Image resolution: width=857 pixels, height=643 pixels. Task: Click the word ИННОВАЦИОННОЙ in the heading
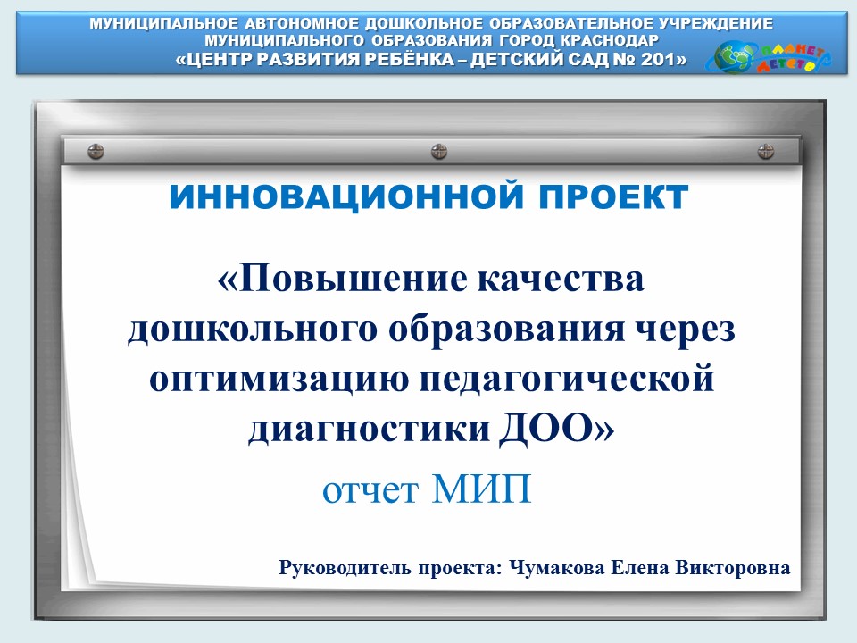[x=346, y=196]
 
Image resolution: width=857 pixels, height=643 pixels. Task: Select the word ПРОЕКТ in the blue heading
[x=614, y=196]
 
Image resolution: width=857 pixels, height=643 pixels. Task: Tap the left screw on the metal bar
[x=96, y=152]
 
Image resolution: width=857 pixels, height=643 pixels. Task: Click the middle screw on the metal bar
[x=439, y=152]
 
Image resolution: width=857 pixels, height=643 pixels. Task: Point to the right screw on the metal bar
[x=766, y=152]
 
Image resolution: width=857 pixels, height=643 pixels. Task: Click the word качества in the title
[x=561, y=279]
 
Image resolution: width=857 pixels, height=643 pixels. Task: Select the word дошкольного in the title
[x=253, y=330]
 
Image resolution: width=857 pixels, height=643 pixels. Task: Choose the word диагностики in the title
[x=369, y=428]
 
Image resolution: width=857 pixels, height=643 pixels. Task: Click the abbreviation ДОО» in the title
[x=556, y=428]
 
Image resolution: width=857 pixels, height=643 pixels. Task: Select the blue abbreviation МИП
[x=481, y=489]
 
